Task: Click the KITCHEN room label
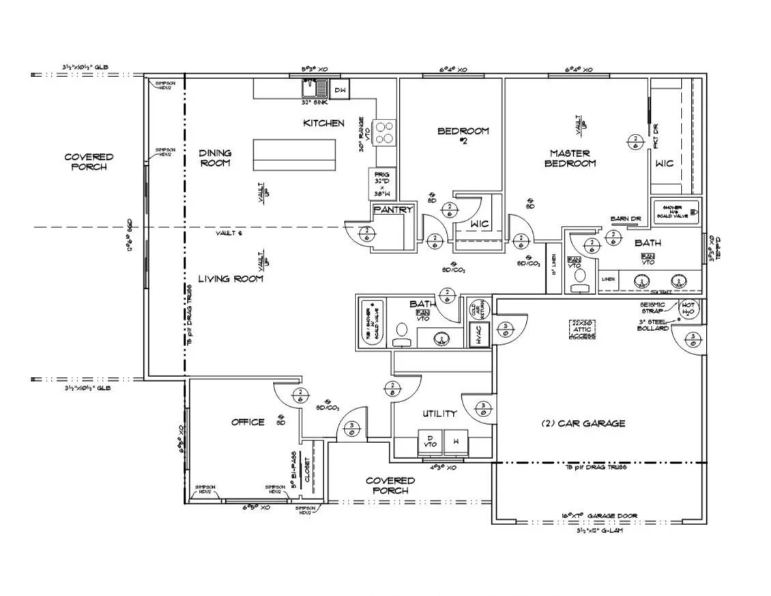click(323, 124)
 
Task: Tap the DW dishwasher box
click(340, 89)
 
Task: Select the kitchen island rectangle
click(295, 154)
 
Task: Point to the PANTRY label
click(393, 210)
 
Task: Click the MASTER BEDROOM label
click(572, 158)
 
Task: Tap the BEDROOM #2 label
click(463, 134)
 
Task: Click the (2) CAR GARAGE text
click(583, 423)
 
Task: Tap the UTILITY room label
click(439, 414)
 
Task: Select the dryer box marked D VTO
click(430, 442)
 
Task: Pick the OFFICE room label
click(248, 422)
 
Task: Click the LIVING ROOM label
click(231, 279)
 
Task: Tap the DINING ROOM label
click(215, 158)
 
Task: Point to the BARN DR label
click(626, 218)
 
